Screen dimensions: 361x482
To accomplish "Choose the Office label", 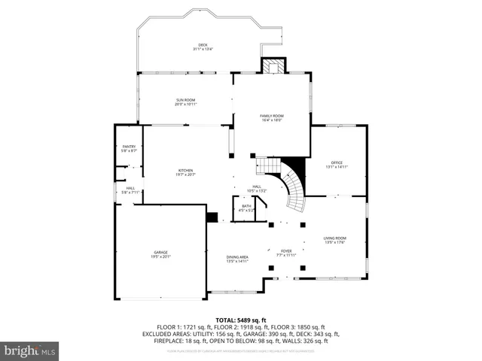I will point(337,164).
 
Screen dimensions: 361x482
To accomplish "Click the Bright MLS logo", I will point(30,350).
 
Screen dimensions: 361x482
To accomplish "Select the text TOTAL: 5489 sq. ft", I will point(241,320).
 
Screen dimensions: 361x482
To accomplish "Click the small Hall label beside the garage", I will point(130,190).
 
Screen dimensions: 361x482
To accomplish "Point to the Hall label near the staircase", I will point(257,189).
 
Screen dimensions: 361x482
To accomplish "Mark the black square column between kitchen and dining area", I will point(212,217).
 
